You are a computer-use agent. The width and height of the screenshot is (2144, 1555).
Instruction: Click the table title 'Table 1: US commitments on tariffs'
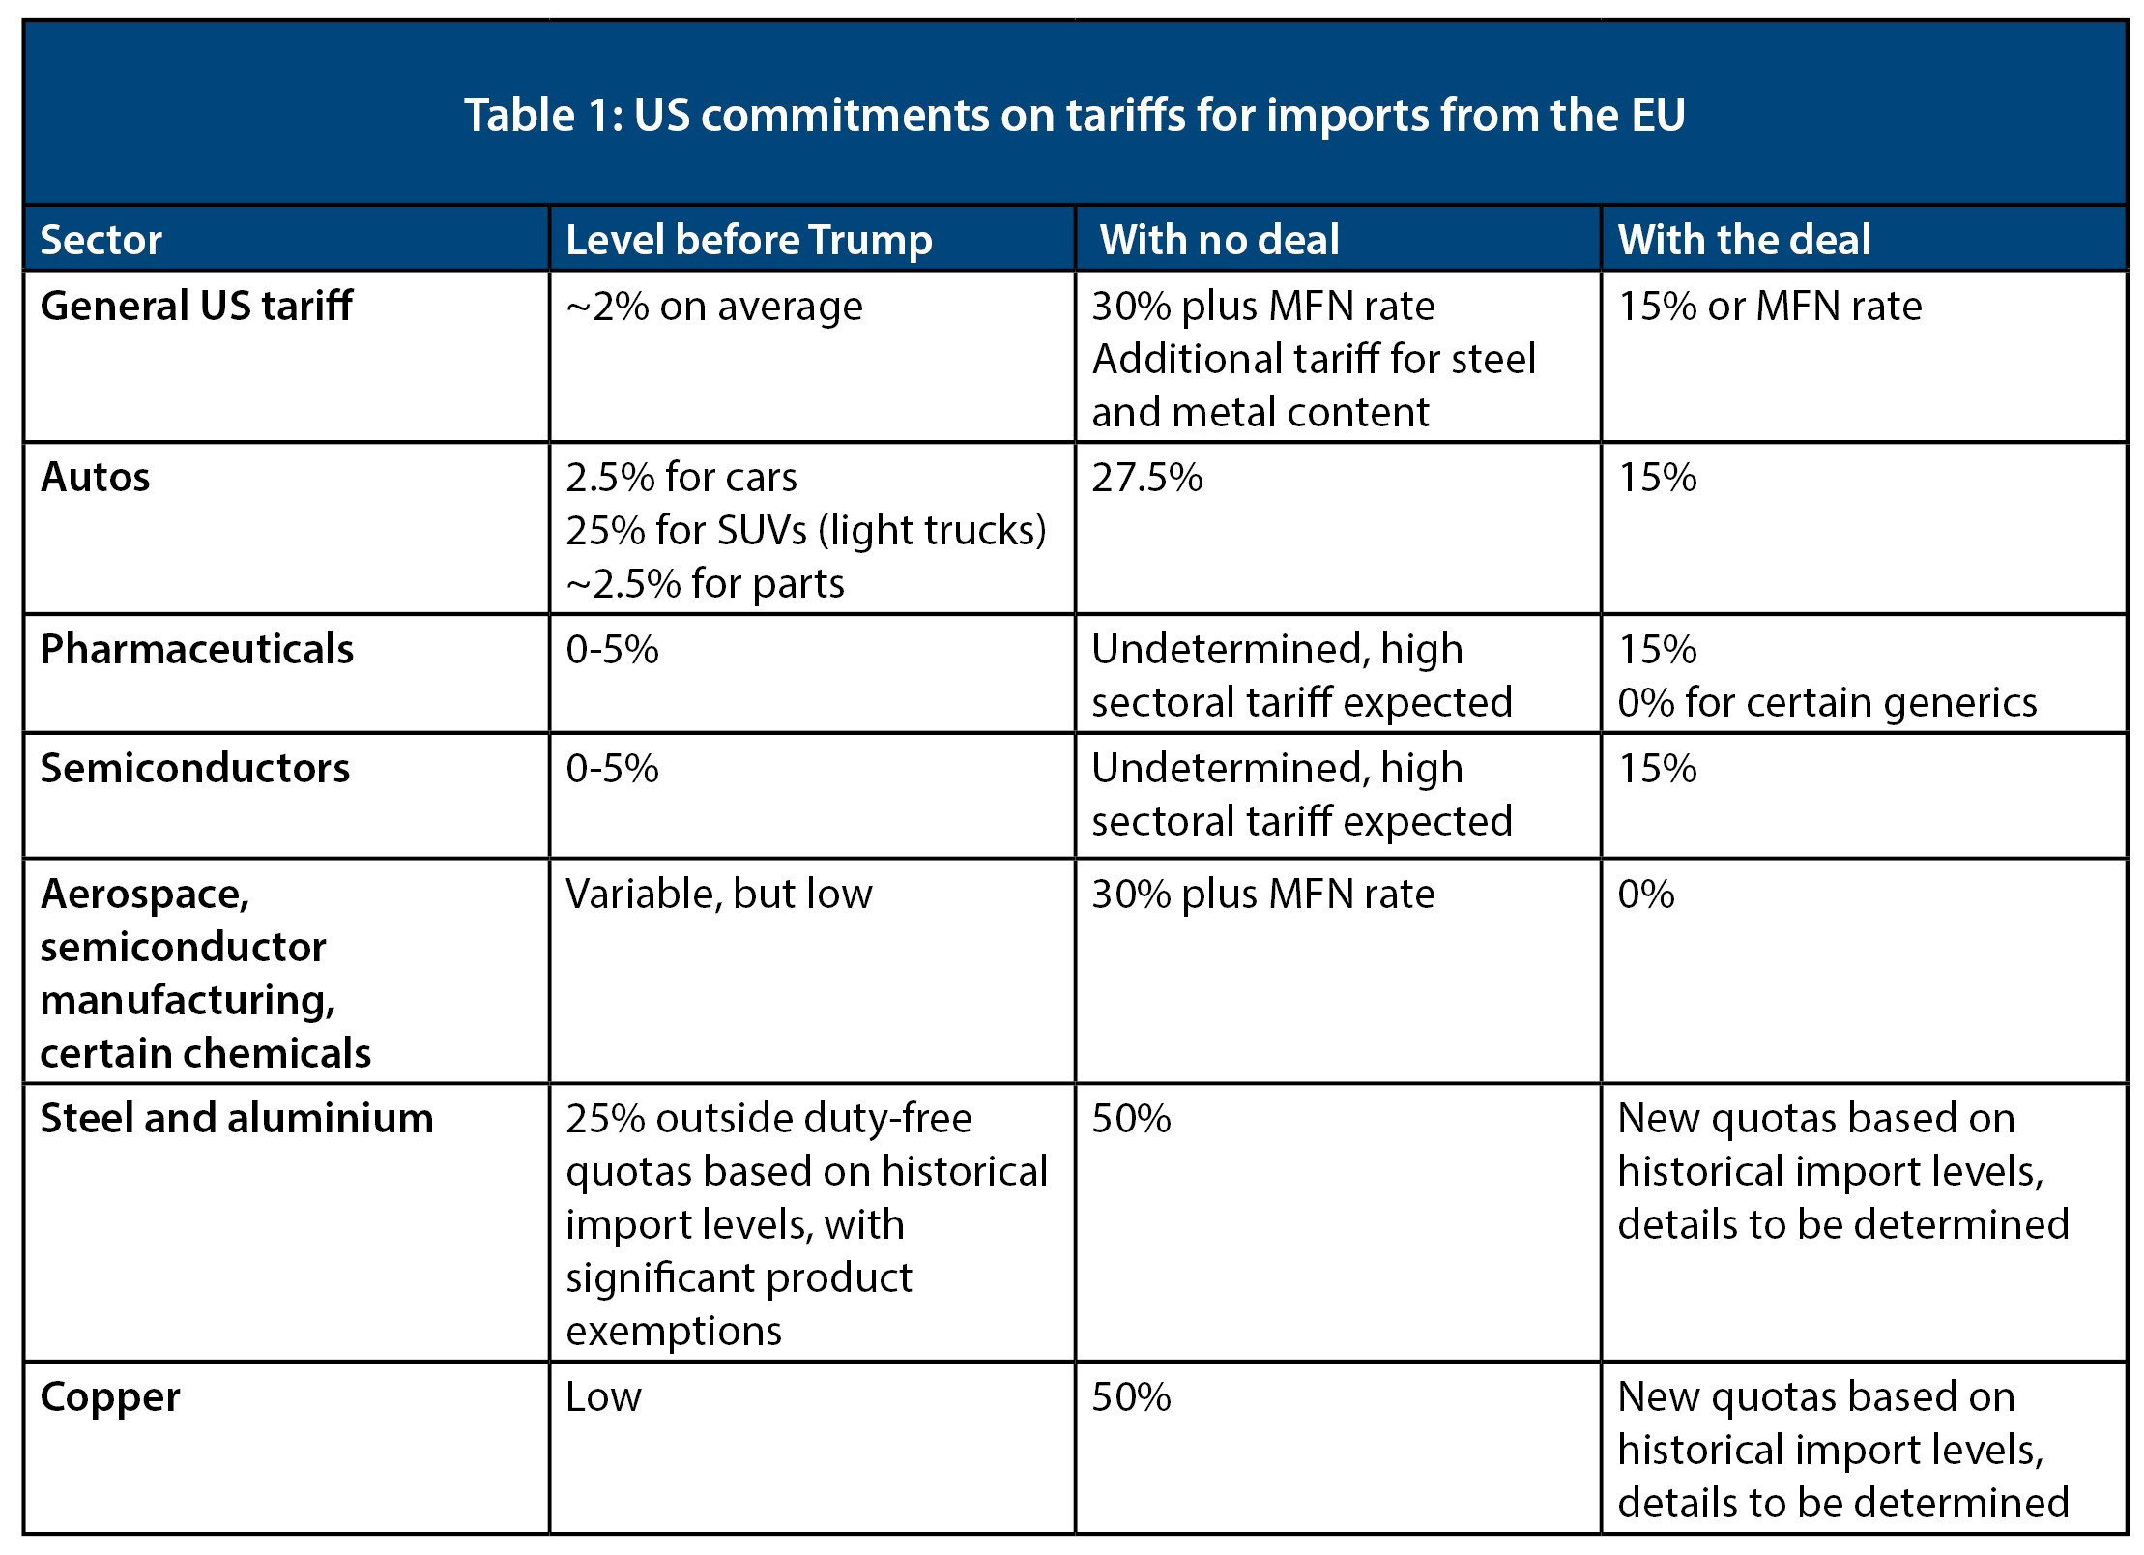click(x=1074, y=114)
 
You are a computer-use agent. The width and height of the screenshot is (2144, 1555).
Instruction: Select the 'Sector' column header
click(x=101, y=240)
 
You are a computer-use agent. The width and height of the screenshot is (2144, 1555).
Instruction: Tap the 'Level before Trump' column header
click(x=748, y=240)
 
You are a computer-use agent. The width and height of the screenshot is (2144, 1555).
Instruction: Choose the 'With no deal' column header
click(x=1219, y=240)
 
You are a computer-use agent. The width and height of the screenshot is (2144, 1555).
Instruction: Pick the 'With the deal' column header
click(x=1744, y=240)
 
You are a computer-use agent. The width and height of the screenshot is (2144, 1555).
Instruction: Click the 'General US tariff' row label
click(x=196, y=307)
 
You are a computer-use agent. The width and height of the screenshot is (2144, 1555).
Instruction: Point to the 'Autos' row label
click(x=95, y=478)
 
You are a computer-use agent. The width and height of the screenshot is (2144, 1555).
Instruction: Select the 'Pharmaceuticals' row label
click(x=196, y=649)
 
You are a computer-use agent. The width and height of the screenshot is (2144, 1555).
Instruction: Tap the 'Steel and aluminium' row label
click(x=237, y=1119)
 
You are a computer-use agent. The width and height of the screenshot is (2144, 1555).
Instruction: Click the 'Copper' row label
click(x=110, y=1397)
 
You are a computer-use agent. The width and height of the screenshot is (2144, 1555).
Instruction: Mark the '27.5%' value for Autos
click(x=1146, y=478)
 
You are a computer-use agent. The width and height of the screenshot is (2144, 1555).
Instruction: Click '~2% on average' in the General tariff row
click(x=713, y=307)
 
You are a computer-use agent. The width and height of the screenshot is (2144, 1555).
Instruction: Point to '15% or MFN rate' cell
click(x=1769, y=307)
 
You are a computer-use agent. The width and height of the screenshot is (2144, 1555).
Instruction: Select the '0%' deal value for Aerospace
click(x=1645, y=895)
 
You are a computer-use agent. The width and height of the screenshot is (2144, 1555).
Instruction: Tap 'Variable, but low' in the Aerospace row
click(x=718, y=895)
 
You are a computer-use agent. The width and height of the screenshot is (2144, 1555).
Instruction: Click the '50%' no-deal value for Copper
click(x=1131, y=1397)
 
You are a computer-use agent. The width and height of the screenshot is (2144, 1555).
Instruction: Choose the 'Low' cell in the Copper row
click(x=603, y=1397)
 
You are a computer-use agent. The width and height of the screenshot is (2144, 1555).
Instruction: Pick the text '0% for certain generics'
click(x=1827, y=703)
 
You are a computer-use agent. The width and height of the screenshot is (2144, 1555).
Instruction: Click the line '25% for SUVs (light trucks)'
click(x=805, y=531)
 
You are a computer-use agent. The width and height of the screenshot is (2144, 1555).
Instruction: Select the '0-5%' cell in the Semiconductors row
click(x=612, y=769)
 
